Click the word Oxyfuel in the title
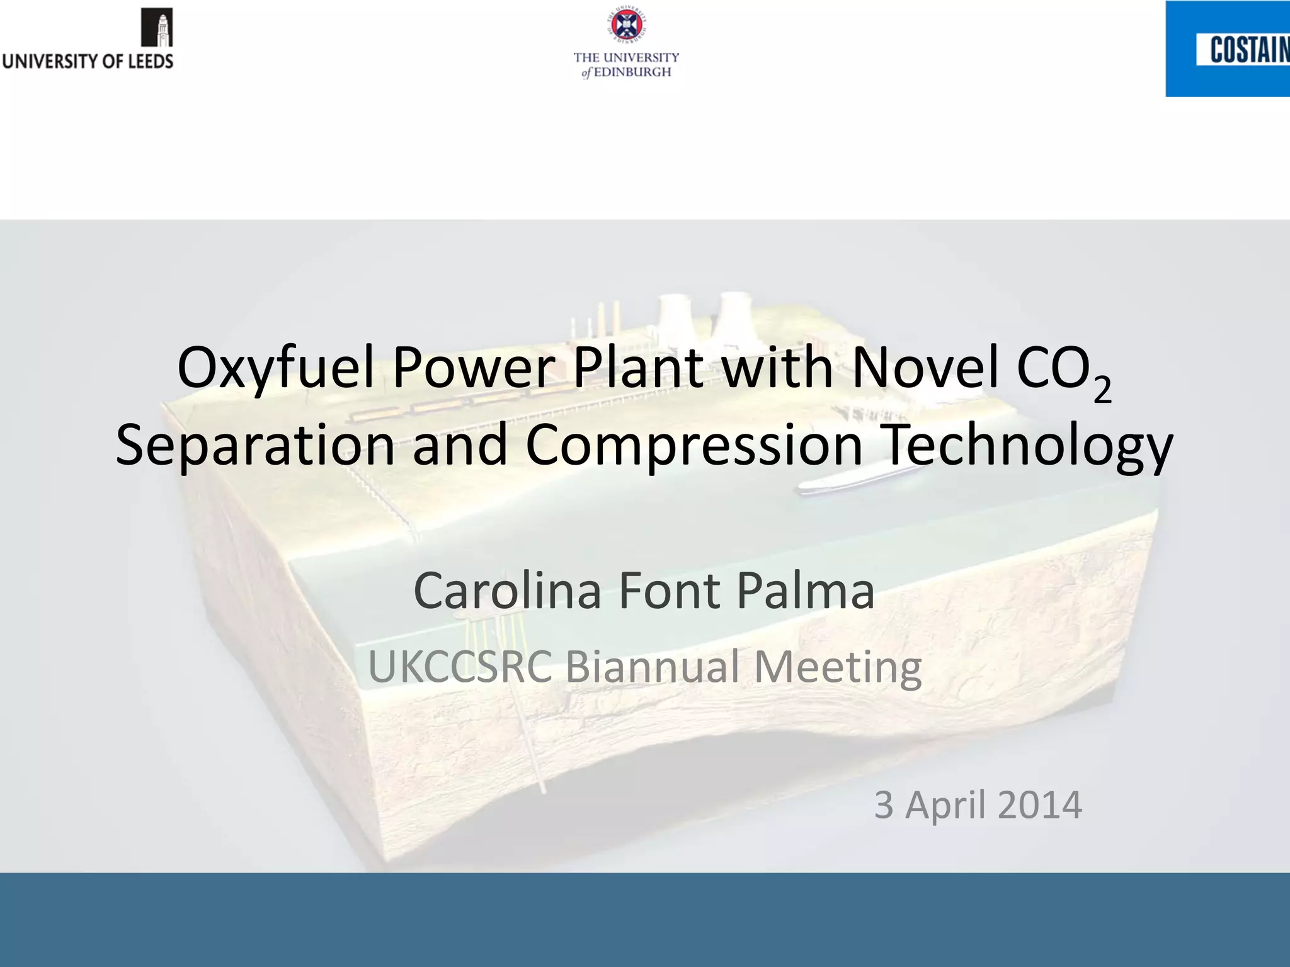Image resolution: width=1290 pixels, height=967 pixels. [276, 368]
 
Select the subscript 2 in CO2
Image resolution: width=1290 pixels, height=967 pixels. [1102, 390]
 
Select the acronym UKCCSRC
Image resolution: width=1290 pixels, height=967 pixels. [460, 667]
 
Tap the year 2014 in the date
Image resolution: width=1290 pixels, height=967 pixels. [1040, 805]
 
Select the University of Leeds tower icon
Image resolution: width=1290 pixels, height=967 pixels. [157, 28]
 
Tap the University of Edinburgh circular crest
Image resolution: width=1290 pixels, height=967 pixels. [626, 25]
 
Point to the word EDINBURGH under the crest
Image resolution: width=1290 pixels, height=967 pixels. [632, 72]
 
